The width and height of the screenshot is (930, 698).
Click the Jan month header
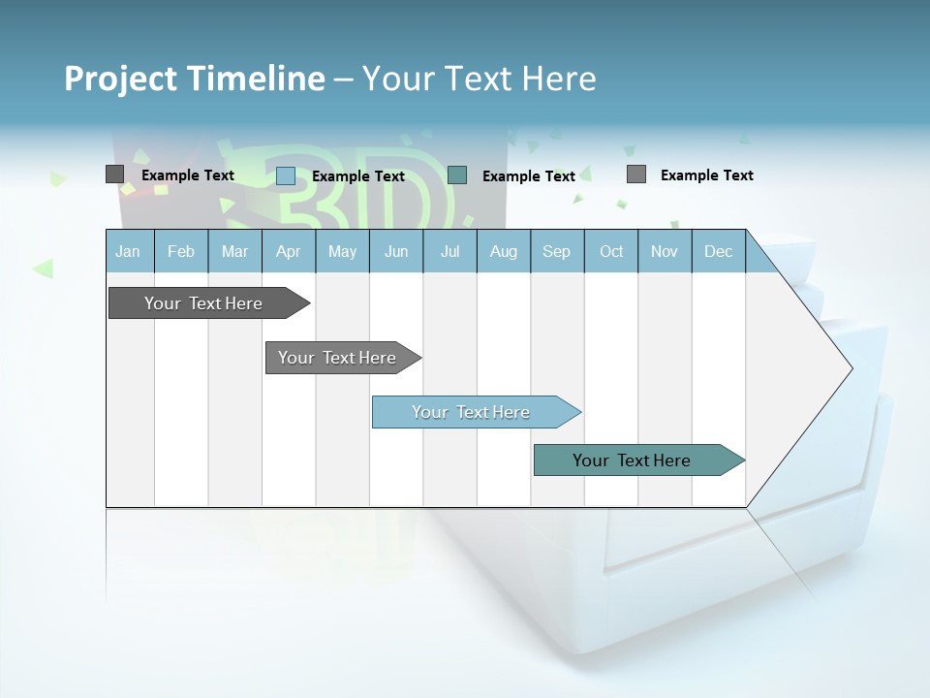(129, 251)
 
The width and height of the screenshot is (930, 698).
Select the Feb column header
(181, 251)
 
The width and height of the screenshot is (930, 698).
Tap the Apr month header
(288, 251)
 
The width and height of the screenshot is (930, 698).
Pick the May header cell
(342, 251)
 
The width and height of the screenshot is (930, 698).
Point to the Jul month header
(449, 251)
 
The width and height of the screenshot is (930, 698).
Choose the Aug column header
(503, 251)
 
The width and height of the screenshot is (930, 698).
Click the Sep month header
(556, 251)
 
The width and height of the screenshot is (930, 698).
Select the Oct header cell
(611, 251)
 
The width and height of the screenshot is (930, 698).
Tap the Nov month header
(665, 251)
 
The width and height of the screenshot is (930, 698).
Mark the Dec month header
(718, 251)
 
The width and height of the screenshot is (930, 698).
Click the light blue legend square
(286, 175)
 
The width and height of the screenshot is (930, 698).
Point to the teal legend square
(457, 174)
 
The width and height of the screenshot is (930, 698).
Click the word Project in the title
(120, 79)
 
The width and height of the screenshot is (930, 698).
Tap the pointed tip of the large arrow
(850, 367)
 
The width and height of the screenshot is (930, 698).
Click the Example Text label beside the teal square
(529, 175)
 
